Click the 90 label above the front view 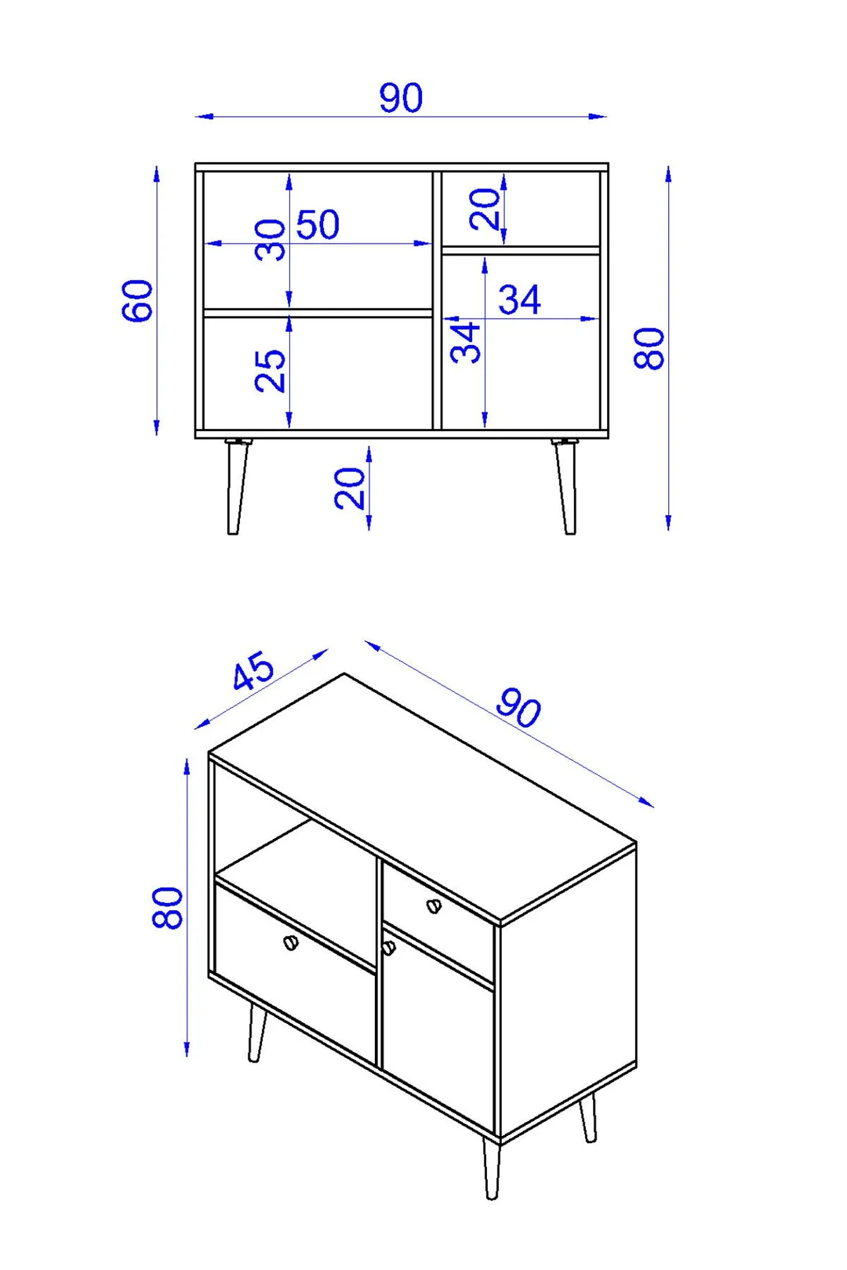click(401, 97)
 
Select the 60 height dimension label click(138, 300)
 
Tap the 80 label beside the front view click(649, 348)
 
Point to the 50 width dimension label click(318, 224)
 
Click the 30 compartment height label click(270, 240)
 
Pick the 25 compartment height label click(270, 371)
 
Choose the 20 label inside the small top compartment click(484, 209)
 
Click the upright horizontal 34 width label click(520, 299)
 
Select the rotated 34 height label click(465, 343)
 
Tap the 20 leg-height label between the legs click(350, 488)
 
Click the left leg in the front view click(236, 487)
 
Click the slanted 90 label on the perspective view click(518, 708)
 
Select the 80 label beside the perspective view click(168, 908)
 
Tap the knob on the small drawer click(433, 906)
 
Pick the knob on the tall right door click(389, 947)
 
